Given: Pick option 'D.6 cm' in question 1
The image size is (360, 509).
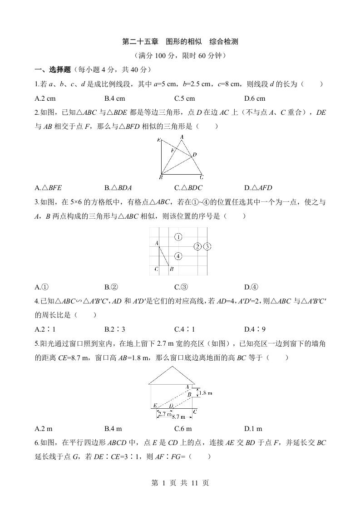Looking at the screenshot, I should click(255, 98).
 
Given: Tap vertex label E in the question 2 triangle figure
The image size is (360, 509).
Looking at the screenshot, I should click(158, 140).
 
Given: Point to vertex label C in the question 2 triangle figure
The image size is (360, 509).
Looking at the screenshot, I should click(202, 177).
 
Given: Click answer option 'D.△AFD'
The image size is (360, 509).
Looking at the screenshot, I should click(258, 188).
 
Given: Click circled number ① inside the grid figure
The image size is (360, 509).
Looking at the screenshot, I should click(178, 237).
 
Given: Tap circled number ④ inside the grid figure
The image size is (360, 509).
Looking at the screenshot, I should click(178, 256).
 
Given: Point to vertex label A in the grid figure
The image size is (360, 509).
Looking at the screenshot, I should click(156, 244).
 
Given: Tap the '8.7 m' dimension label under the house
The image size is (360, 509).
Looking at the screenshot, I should click(179, 416).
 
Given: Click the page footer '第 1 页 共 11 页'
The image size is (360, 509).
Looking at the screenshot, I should click(180, 483).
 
